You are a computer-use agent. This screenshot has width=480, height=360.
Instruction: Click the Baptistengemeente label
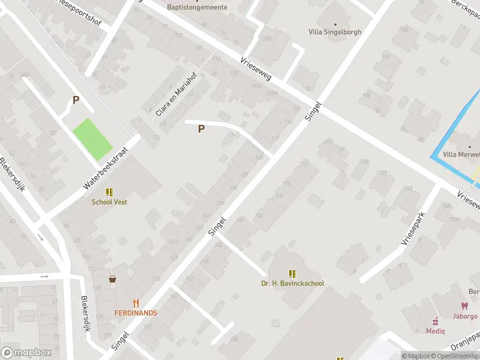(197, 7)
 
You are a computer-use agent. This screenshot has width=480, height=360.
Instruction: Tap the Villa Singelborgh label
(335, 32)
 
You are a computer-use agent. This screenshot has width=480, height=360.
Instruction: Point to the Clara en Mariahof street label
(169, 100)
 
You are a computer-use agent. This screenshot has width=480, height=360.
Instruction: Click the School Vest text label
(109, 202)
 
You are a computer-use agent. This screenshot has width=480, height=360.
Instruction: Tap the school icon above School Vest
(109, 192)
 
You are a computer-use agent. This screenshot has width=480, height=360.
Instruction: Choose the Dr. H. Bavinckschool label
(293, 283)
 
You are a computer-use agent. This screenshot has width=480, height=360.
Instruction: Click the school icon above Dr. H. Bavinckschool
(293, 274)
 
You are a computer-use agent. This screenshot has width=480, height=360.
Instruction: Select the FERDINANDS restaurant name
(136, 313)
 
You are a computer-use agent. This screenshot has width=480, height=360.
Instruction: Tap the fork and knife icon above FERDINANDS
(136, 304)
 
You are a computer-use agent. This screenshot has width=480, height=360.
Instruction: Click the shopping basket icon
(112, 279)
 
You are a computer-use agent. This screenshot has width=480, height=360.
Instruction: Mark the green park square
(92, 139)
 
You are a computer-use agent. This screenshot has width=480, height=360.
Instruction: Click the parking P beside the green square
(76, 100)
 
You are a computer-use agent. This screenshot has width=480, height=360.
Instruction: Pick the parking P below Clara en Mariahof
(201, 128)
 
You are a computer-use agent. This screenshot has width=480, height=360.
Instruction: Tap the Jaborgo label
(465, 316)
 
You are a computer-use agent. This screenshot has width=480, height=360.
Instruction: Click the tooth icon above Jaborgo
(464, 306)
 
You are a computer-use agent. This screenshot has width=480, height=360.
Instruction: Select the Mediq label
(436, 331)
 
